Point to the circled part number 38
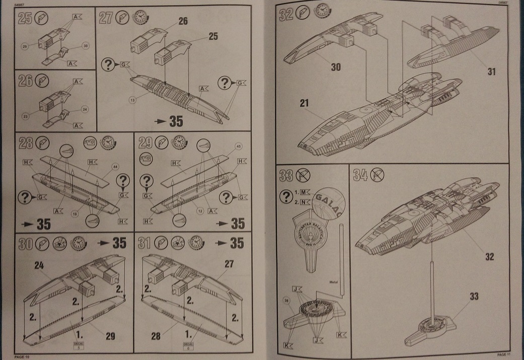[287, 302]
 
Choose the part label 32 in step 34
[488, 256]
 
